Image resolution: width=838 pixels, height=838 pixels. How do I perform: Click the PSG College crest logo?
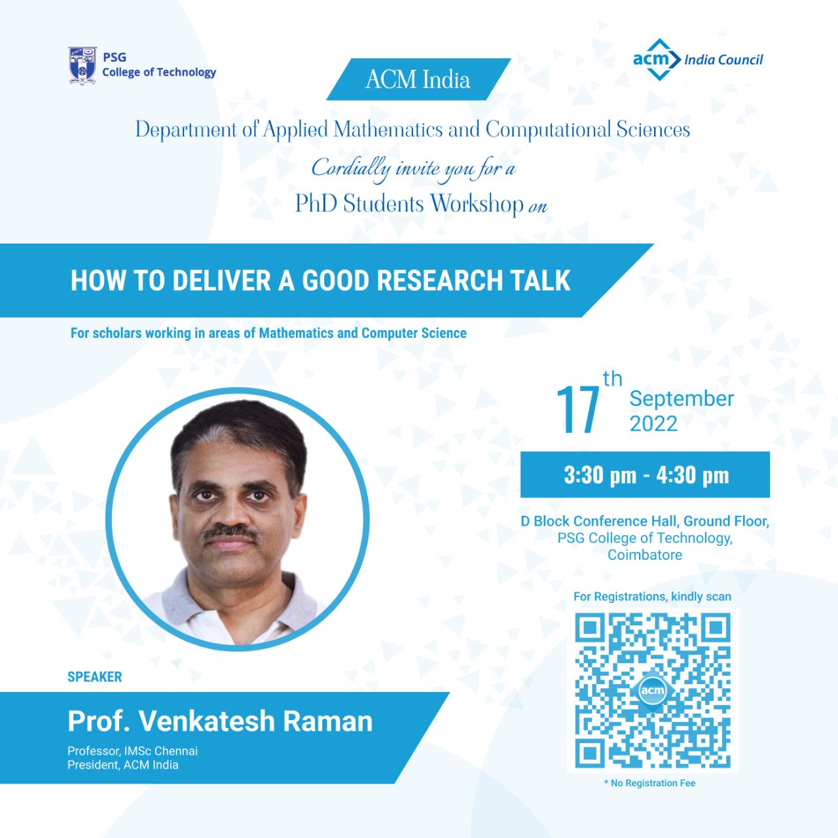[82, 65]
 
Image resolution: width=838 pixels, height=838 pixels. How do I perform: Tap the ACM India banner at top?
[418, 79]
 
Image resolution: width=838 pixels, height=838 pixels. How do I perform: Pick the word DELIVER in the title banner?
[222, 280]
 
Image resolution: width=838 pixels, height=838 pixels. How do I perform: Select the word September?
[682, 399]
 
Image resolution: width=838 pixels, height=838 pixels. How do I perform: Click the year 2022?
[653, 424]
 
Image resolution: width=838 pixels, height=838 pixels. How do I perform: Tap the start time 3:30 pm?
[600, 475]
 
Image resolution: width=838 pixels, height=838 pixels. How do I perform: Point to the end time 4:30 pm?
[692, 475]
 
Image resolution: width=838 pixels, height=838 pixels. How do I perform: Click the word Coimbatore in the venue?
[645, 555]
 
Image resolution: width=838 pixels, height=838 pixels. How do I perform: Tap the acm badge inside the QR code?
[653, 691]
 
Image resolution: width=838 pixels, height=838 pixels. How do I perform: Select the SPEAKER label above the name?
[95, 677]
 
